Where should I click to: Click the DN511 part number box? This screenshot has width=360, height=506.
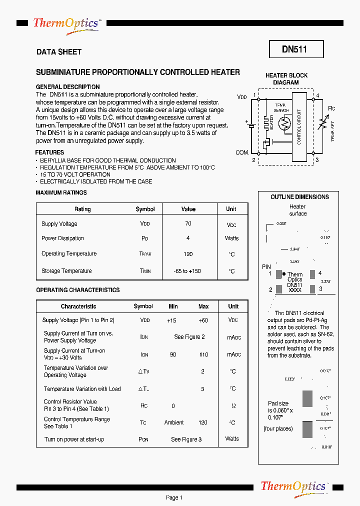pos(296,49)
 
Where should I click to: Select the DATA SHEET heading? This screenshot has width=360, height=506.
pos(59,52)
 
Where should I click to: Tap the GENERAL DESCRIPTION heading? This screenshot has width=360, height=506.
pos(67,87)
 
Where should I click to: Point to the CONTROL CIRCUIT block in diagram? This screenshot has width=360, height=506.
pos(299,127)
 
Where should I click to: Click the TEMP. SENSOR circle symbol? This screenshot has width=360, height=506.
pos(284,123)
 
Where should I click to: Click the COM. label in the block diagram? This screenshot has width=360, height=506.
pos(242,152)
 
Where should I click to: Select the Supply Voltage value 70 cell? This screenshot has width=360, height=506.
pos(188,223)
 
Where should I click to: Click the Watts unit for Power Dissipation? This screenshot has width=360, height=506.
pos(231,238)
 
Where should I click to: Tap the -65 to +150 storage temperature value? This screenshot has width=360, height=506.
pos(188,271)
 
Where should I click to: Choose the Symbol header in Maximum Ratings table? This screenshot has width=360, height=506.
pos(145,209)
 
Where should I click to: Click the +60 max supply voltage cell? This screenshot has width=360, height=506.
pos(203,320)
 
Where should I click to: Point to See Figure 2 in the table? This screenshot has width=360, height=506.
pos(189,337)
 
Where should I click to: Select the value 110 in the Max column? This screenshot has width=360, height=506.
pos(203,354)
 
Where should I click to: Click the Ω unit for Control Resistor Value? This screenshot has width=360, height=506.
pos(233,405)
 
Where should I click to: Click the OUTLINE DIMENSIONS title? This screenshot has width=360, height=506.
pos(299,197)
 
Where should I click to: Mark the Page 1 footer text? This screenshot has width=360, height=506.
pos(174,497)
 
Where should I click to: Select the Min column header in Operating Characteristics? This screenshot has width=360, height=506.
pos(173,306)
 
